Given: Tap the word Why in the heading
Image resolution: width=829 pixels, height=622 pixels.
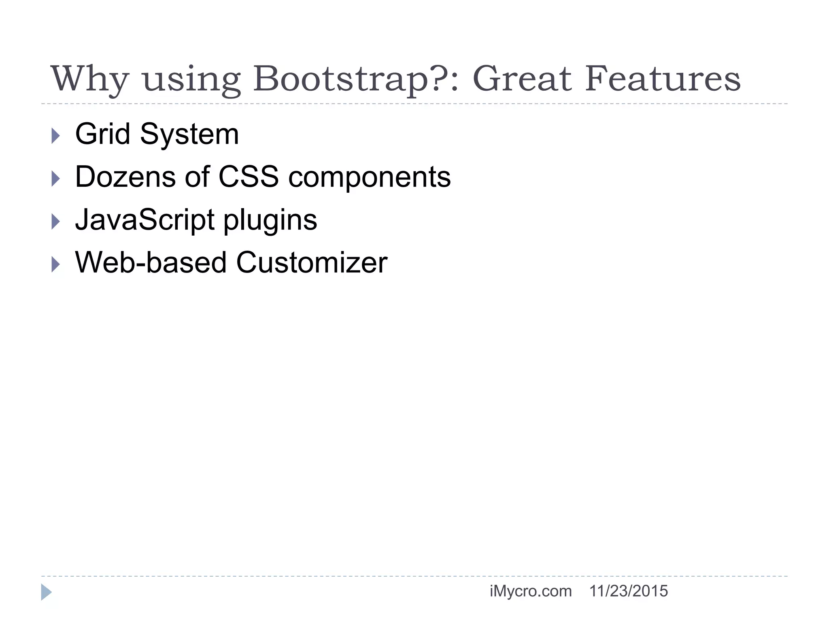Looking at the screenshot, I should click(89, 79).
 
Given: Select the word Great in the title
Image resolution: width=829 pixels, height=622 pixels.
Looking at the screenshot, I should click(522, 79).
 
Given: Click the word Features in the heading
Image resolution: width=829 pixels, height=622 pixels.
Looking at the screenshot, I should click(662, 79).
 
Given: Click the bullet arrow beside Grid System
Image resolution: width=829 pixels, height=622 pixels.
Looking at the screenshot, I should click(56, 136).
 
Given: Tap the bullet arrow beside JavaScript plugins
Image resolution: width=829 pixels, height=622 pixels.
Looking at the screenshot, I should click(56, 222).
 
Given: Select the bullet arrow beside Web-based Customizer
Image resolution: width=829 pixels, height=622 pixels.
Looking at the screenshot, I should click(56, 264).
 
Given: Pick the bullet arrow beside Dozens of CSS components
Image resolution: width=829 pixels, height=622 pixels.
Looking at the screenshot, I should click(56, 179).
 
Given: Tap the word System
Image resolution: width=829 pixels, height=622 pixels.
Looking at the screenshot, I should click(189, 135).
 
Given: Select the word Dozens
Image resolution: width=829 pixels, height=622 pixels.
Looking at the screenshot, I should click(125, 177).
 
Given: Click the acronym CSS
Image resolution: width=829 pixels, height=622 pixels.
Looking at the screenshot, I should click(248, 177).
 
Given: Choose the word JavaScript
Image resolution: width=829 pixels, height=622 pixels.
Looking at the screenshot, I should click(145, 220).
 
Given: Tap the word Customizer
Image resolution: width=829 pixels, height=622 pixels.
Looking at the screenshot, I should click(312, 263).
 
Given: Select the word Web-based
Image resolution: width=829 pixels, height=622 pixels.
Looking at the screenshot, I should click(151, 263).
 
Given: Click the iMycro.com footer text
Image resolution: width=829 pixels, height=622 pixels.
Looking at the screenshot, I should click(530, 591).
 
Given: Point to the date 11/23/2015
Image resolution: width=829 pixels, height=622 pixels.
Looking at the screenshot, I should click(628, 591).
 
